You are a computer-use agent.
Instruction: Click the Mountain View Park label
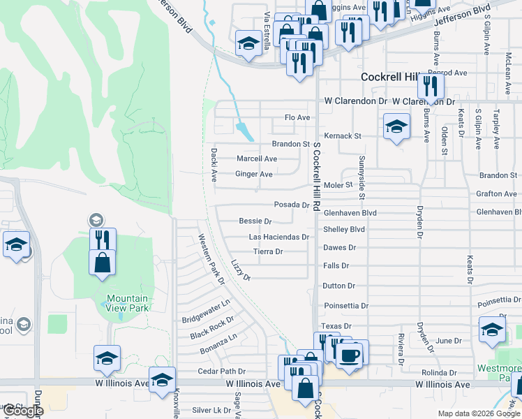[x=128, y=303]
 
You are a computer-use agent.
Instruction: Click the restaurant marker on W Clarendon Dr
[x=431, y=87]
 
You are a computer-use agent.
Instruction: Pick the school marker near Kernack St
[x=396, y=127]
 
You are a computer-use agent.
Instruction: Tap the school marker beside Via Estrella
[x=248, y=43]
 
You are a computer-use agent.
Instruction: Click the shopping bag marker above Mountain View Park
[x=102, y=263]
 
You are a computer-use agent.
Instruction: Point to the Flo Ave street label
[x=297, y=117]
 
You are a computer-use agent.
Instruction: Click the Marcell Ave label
[x=257, y=159]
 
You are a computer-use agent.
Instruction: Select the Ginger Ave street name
[x=254, y=174]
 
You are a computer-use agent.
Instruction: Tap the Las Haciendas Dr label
[x=278, y=237]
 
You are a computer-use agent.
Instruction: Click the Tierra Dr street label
[x=268, y=251]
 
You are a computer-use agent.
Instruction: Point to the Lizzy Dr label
[x=241, y=270]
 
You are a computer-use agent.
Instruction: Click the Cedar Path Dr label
[x=222, y=372]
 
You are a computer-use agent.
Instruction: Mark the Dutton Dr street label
[x=339, y=286]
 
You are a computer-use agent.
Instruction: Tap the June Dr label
[x=449, y=341]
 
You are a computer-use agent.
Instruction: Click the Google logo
[x=22, y=411]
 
